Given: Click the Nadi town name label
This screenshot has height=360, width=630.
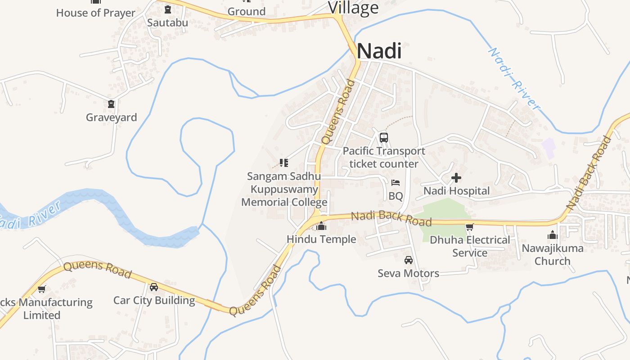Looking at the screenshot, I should pyautogui.click(x=379, y=51).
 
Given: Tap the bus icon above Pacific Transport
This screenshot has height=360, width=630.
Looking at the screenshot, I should pyautogui.click(x=383, y=137).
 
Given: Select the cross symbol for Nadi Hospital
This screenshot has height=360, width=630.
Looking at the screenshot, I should pyautogui.click(x=456, y=178).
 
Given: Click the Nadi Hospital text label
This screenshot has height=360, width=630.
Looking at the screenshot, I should pyautogui.click(x=456, y=191).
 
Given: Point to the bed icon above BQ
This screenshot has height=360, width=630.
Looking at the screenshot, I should pyautogui.click(x=396, y=183).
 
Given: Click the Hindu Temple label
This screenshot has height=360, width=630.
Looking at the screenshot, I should pyautogui.click(x=321, y=239).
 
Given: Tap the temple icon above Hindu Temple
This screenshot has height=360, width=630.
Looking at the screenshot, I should pyautogui.click(x=321, y=226).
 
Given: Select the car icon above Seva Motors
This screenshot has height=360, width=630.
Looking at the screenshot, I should pyautogui.click(x=408, y=260).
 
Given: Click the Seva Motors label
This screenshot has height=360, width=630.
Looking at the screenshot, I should pyautogui.click(x=408, y=273).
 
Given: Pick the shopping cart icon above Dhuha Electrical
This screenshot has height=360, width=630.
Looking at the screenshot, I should pyautogui.click(x=470, y=227).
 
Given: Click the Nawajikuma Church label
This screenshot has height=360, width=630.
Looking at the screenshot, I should pyautogui.click(x=552, y=254).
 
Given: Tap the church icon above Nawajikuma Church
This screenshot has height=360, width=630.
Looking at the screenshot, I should pyautogui.click(x=552, y=235).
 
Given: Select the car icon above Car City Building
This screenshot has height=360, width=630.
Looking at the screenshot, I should pyautogui.click(x=154, y=287).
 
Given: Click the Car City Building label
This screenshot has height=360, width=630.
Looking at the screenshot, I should pyautogui.click(x=154, y=300).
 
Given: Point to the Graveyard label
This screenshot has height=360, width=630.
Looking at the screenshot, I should pyautogui.click(x=111, y=117).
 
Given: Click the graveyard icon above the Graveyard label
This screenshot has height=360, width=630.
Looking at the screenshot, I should pyautogui.click(x=111, y=104).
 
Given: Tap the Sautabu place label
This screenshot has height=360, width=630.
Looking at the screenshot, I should pyautogui.click(x=167, y=22).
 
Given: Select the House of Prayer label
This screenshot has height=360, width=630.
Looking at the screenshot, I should pyautogui.click(x=95, y=13).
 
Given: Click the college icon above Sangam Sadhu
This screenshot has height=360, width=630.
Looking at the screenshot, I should pyautogui.click(x=283, y=162).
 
